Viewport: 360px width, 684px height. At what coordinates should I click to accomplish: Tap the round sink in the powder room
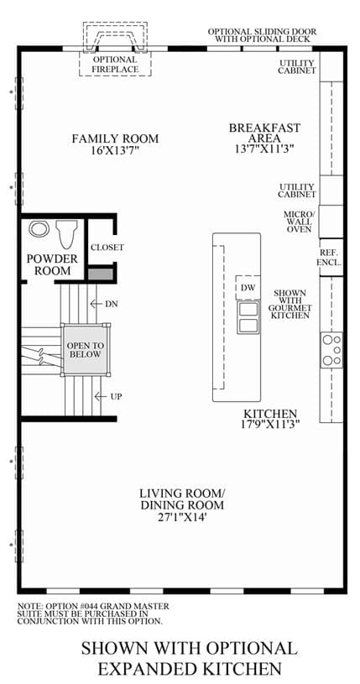(39, 228)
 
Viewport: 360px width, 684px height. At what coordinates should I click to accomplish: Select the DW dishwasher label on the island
(248, 288)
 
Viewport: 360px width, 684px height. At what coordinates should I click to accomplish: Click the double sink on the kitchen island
(248, 317)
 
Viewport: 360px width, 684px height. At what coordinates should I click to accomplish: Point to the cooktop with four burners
(331, 350)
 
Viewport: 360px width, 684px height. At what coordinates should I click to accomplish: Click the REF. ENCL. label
(331, 258)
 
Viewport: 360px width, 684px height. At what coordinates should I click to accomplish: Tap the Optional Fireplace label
(115, 65)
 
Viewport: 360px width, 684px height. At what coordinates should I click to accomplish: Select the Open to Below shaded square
(85, 350)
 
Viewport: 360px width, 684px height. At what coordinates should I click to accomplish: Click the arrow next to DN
(95, 303)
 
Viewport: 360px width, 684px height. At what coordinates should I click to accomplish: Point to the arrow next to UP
(101, 396)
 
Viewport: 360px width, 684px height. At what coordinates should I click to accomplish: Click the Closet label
(107, 248)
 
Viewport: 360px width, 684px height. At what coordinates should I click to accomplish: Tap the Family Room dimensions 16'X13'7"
(115, 151)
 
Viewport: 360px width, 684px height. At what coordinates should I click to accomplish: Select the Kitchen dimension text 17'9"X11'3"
(271, 423)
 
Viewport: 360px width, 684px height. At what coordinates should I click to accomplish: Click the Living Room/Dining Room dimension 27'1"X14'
(181, 517)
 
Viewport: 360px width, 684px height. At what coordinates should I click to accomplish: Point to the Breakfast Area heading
(265, 133)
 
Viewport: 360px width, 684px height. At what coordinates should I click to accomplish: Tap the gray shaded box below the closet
(101, 274)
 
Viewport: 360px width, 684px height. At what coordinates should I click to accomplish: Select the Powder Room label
(52, 264)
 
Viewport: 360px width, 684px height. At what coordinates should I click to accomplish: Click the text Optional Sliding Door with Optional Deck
(262, 35)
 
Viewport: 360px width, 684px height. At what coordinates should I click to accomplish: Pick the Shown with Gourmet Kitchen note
(288, 304)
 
